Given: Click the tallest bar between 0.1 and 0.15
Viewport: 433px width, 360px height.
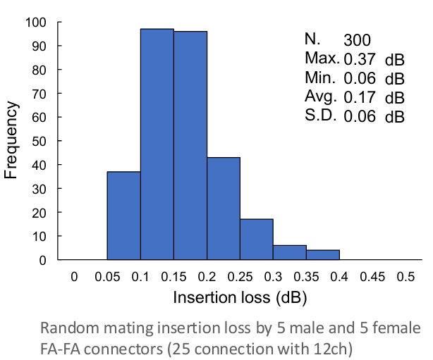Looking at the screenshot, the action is pyautogui.click(x=157, y=144).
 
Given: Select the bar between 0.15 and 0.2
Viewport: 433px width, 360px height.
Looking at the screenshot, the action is pyautogui.click(x=190, y=145).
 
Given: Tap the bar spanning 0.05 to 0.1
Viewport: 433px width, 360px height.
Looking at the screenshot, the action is pyautogui.click(x=124, y=216).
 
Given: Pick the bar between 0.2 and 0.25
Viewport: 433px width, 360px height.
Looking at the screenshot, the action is pyautogui.click(x=224, y=209).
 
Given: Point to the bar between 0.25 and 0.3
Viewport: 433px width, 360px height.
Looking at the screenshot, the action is pyautogui.click(x=257, y=240).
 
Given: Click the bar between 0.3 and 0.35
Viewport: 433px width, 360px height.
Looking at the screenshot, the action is pyautogui.click(x=290, y=252).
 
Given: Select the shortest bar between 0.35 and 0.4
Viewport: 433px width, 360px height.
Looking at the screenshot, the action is pyautogui.click(x=323, y=255).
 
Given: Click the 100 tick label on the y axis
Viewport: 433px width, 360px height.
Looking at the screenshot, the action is pyautogui.click(x=36, y=23).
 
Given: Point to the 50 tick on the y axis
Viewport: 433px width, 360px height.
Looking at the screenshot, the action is pyautogui.click(x=39, y=142).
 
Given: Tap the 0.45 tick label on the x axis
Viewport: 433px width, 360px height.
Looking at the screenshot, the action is pyautogui.click(x=372, y=277).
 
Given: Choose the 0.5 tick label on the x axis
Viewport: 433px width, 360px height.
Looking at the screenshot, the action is pyautogui.click(x=405, y=277).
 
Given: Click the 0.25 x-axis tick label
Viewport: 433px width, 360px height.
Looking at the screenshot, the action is pyautogui.click(x=240, y=277).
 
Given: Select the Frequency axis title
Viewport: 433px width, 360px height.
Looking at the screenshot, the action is pyautogui.click(x=11, y=140).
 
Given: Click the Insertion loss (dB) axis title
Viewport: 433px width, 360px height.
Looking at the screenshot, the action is pyautogui.click(x=240, y=298).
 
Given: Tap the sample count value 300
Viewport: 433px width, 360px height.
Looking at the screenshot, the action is pyautogui.click(x=357, y=40).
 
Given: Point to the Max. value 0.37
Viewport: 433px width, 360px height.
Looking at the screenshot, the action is pyautogui.click(x=360, y=59).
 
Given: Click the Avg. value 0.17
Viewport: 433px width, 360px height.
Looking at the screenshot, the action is pyautogui.click(x=360, y=97).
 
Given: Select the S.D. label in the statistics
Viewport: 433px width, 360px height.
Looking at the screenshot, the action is pyautogui.click(x=321, y=115).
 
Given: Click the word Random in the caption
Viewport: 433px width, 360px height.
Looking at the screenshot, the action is pyautogui.click(x=70, y=328).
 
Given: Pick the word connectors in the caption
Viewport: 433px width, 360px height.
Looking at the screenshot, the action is pyautogui.click(x=123, y=349).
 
